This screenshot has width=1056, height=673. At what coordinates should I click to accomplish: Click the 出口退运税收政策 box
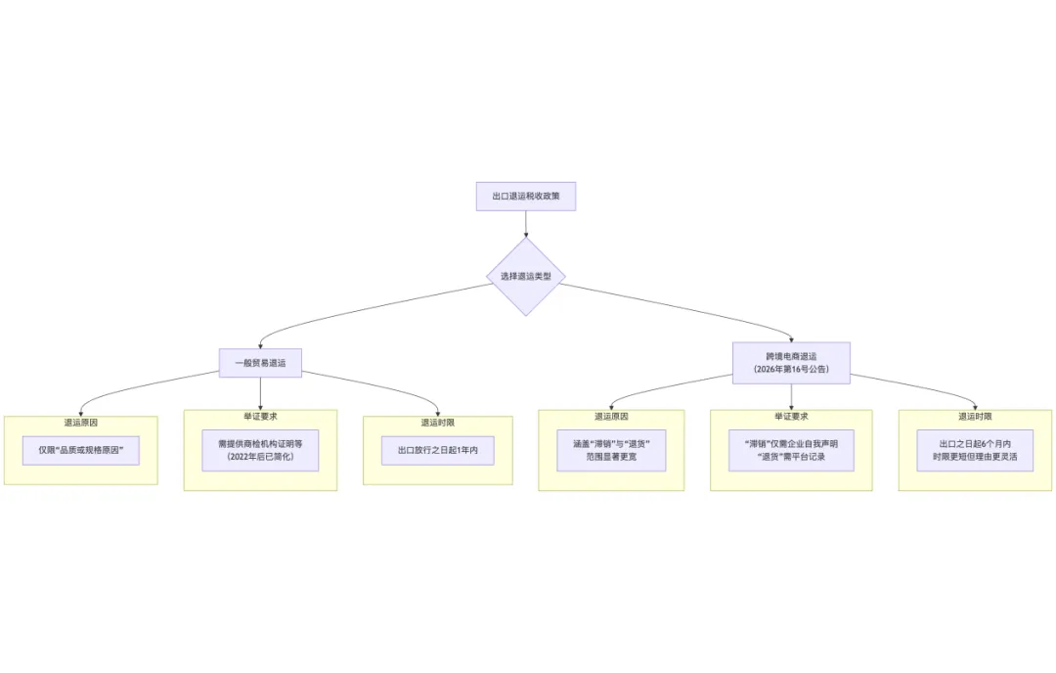[525, 196]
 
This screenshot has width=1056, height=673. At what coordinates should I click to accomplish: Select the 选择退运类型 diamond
[525, 276]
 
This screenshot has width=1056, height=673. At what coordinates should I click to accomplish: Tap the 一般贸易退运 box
[260, 363]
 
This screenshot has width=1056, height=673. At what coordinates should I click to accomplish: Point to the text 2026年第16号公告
[791, 370]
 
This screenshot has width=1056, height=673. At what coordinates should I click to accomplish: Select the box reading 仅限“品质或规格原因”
[81, 450]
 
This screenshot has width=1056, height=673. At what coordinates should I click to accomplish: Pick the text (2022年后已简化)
[260, 457]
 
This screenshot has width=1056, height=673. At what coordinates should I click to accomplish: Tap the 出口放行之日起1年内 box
[437, 450]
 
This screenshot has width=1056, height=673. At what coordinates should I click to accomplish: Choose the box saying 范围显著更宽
[611, 457]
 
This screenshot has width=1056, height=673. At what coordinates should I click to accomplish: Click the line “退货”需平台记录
[791, 457]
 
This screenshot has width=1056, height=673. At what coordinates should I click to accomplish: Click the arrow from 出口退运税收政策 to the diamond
[525, 223]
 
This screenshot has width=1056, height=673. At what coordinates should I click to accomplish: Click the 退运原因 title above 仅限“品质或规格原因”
[81, 423]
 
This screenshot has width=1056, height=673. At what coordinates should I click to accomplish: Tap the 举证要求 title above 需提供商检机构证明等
[260, 416]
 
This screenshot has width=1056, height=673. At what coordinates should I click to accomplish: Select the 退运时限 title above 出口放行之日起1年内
[437, 423]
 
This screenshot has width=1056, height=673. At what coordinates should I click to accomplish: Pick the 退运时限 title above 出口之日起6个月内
[975, 416]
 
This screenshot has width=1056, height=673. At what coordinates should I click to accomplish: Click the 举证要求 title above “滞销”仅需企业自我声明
[791, 416]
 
